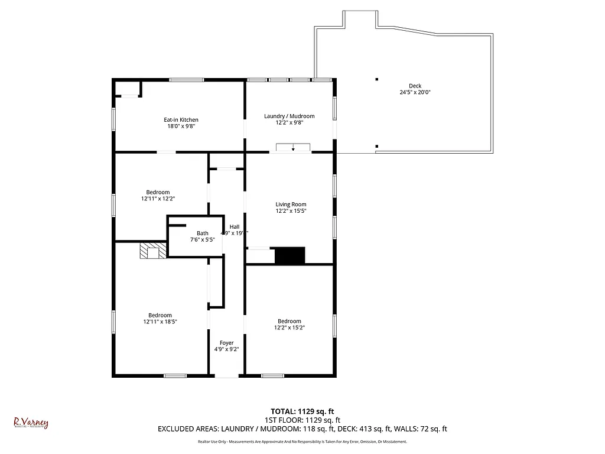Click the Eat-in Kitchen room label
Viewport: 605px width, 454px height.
(181, 120)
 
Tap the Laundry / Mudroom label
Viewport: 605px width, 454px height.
(289, 116)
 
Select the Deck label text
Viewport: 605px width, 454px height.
(415, 86)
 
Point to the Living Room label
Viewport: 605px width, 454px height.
(291, 205)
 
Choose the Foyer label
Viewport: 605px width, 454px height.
(226, 343)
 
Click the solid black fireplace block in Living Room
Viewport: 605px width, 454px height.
(290, 256)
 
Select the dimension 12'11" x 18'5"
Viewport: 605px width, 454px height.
(160, 322)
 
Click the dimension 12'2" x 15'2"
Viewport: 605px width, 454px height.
(290, 327)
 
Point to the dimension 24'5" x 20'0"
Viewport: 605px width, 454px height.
(415, 92)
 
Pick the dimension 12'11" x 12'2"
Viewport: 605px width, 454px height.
(158, 199)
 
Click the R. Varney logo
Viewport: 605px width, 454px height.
(31, 423)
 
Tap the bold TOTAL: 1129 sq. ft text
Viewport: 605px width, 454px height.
(302, 411)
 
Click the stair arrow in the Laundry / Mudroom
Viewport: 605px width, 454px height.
(293, 148)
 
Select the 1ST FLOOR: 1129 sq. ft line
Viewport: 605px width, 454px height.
(302, 420)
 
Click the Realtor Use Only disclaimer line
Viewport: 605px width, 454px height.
(302, 442)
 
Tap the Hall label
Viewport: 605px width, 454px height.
(235, 226)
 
